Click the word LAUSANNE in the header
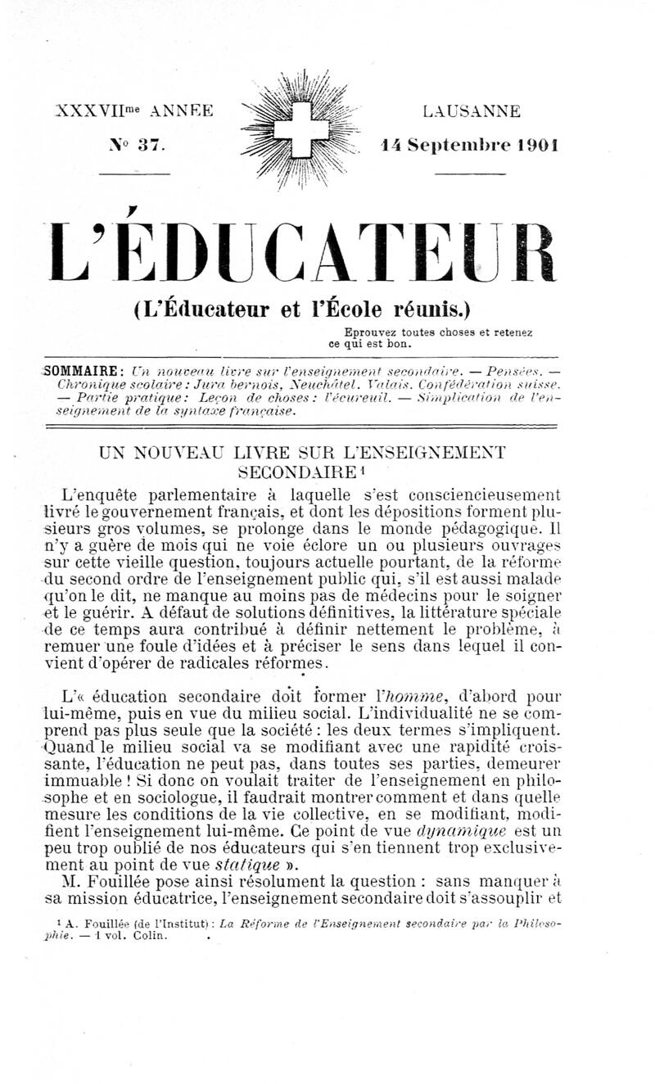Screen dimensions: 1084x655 [x=471, y=111]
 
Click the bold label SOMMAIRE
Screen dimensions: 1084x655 [x=84, y=369]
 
